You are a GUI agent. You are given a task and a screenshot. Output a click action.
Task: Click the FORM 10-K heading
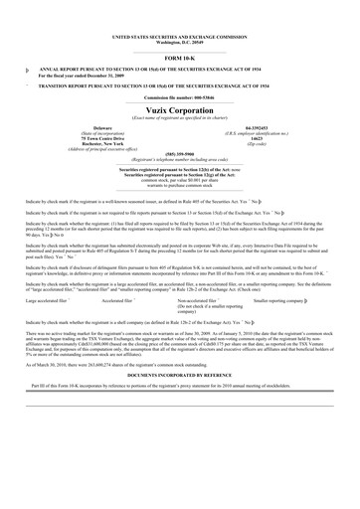click(179, 60)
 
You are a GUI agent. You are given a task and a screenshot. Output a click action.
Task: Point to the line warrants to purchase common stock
click(179, 185)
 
